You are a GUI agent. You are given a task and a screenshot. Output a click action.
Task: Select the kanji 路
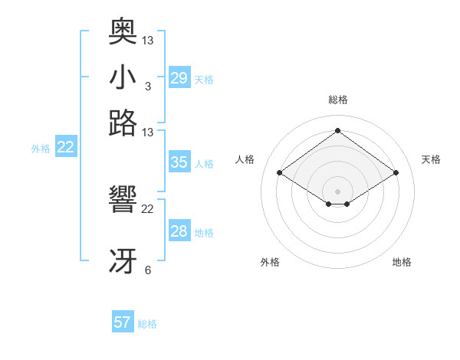point(123,123)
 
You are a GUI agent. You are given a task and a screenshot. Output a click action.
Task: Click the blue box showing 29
point(179,78)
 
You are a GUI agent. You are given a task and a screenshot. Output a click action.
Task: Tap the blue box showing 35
point(179,162)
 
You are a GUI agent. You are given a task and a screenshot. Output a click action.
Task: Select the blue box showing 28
point(179,231)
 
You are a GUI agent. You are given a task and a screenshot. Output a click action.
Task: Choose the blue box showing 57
point(123,322)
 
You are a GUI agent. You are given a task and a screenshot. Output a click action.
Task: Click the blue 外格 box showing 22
point(65,148)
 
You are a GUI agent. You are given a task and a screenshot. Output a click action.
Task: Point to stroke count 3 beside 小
point(147,86)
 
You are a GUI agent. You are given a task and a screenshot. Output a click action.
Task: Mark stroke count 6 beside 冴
point(147,270)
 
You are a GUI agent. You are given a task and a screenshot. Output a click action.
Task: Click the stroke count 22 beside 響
point(148,209)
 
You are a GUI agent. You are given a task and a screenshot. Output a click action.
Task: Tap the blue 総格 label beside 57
point(147,324)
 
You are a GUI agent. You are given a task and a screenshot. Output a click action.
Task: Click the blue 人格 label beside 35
point(204,164)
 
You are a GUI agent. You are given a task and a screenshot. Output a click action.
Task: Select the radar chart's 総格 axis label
point(338,100)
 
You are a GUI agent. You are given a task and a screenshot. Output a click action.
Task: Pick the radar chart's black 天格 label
point(431,159)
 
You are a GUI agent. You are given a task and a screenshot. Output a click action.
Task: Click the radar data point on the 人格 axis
point(280,173)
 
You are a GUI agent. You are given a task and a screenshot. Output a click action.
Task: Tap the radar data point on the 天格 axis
point(396,173)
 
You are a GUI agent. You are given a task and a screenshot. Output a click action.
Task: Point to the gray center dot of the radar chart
point(338,191)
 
